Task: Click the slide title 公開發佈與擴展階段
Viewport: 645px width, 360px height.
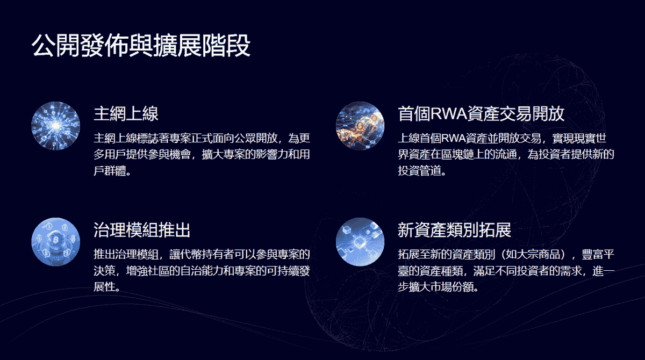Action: click(141, 46)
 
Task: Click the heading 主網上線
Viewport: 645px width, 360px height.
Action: click(126, 114)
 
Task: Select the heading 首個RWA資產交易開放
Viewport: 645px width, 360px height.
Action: click(481, 114)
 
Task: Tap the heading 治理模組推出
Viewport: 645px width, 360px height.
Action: click(142, 229)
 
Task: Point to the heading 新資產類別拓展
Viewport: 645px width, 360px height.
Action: click(454, 229)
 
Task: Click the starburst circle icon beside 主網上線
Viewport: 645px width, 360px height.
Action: click(55, 126)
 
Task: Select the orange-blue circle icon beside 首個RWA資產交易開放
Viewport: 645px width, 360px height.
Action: click(360, 126)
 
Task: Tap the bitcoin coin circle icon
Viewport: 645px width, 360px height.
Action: click(55, 242)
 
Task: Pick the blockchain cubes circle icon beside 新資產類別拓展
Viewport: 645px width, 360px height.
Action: click(360, 242)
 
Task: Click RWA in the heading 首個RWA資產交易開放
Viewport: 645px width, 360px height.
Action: click(448, 114)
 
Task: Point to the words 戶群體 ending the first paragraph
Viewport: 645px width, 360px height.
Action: click(110, 171)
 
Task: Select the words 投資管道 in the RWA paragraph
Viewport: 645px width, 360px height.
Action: click(419, 171)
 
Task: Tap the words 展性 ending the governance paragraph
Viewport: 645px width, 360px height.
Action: click(104, 287)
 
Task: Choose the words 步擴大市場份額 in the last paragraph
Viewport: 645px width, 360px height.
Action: click(435, 287)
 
